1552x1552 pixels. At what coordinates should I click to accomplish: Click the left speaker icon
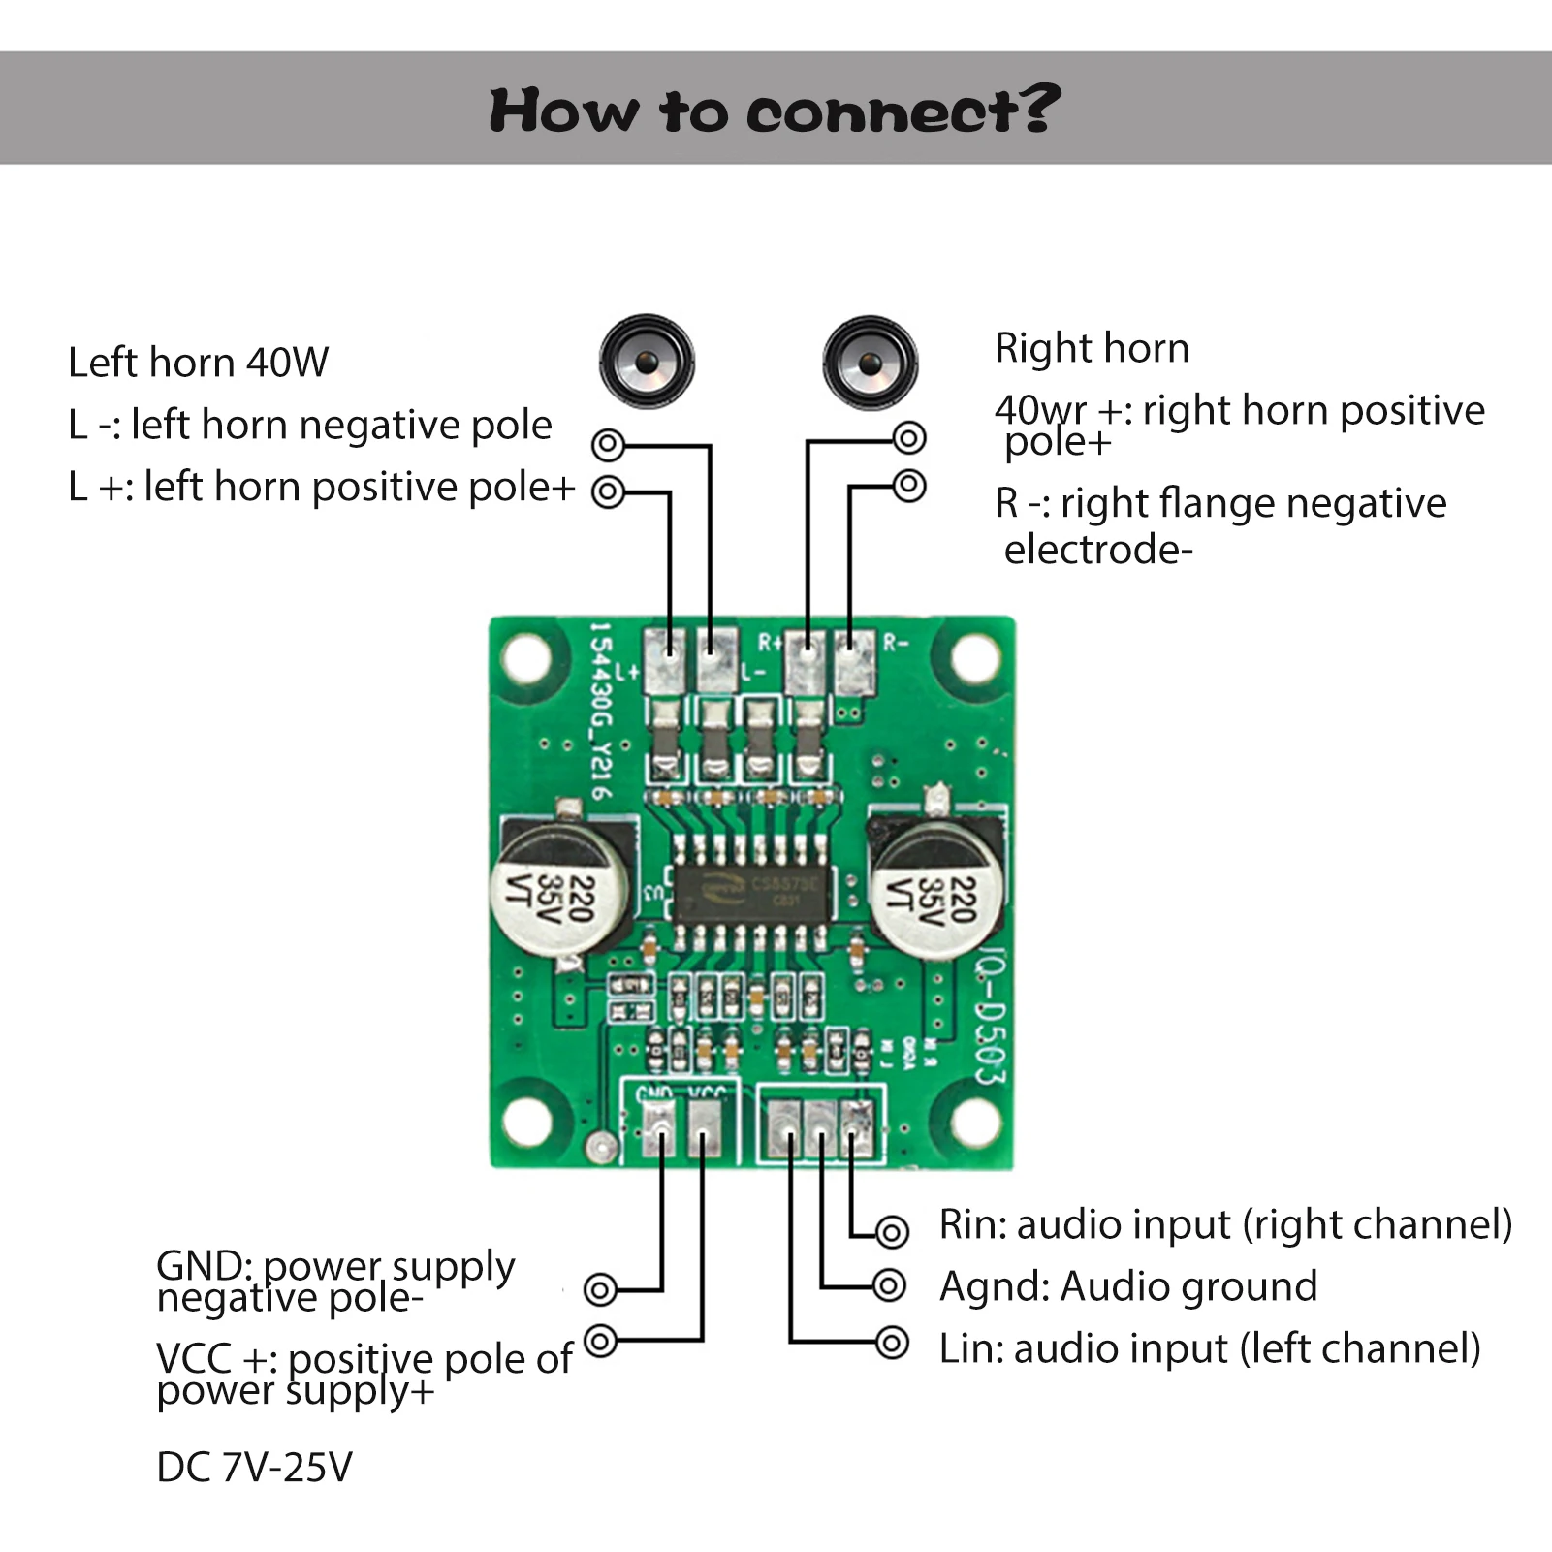[x=647, y=362]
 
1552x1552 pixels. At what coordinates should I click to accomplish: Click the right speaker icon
[x=870, y=363]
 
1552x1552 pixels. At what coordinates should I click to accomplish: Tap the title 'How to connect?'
[x=775, y=110]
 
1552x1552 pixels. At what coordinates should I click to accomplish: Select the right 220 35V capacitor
[x=937, y=888]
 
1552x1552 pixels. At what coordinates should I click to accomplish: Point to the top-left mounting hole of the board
[x=526, y=658]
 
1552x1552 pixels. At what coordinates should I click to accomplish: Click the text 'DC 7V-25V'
[x=254, y=1467]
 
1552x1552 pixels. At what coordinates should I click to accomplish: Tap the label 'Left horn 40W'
[x=198, y=363]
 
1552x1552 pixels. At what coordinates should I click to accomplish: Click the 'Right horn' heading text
[x=1092, y=348]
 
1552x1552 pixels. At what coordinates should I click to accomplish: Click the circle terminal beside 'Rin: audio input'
[x=892, y=1232]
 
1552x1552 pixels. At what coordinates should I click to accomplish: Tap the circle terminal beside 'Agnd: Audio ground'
[x=889, y=1286]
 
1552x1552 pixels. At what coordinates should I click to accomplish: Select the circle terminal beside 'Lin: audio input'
[x=892, y=1343]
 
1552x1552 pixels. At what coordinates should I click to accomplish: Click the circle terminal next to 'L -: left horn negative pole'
[x=608, y=446]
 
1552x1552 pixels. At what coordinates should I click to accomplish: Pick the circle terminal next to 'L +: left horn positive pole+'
[x=608, y=491]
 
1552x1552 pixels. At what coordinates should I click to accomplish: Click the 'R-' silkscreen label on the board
[x=896, y=643]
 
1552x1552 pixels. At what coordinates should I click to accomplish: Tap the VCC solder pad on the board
[x=704, y=1130]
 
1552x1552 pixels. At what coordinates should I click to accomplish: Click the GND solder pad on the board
[x=661, y=1130]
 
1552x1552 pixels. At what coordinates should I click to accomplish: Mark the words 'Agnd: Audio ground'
[x=1128, y=1286]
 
